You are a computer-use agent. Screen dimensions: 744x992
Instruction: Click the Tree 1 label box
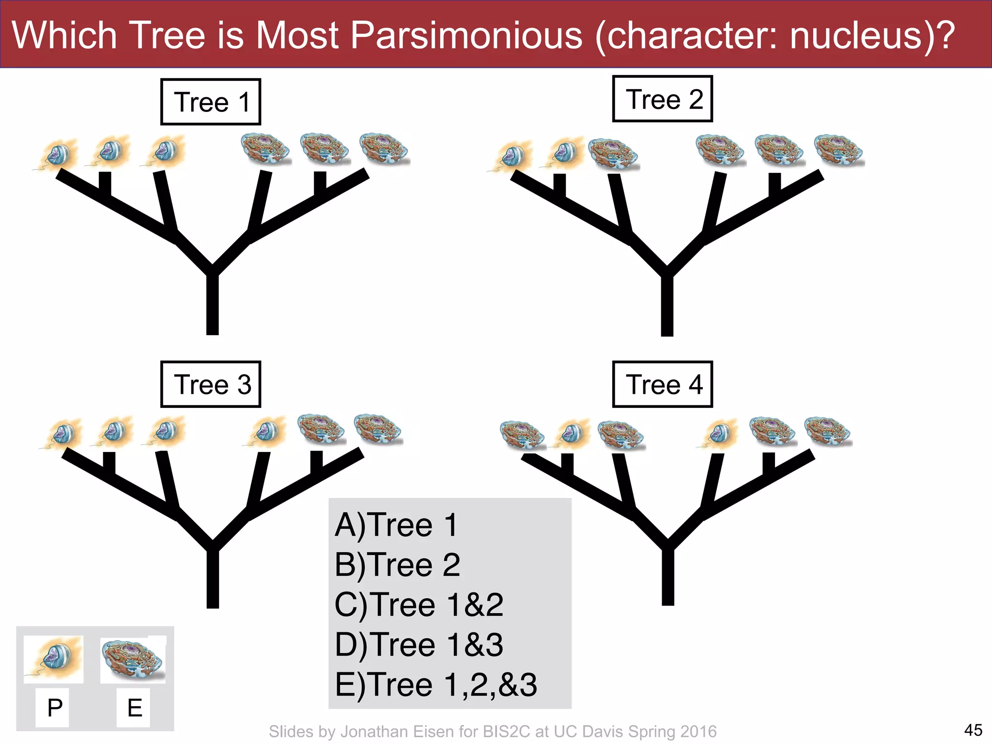point(211,102)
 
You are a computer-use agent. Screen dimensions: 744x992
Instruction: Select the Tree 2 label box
point(663,99)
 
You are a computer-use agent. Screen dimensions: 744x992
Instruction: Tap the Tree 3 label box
point(211,384)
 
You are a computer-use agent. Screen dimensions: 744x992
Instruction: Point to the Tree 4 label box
point(663,384)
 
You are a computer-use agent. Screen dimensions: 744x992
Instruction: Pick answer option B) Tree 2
point(397,565)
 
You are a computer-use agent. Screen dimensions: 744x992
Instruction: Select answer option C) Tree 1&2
point(419,604)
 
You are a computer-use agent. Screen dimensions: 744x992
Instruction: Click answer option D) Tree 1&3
point(419,645)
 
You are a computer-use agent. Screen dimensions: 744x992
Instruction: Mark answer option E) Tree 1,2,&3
point(436,684)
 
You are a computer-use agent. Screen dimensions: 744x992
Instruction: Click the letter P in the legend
point(55,708)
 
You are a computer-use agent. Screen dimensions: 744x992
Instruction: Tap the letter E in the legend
point(135,708)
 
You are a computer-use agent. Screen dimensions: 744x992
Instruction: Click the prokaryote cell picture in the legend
point(54,659)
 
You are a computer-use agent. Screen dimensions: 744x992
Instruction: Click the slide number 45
point(973,729)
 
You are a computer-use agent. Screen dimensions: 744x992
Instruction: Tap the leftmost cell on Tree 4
point(522,434)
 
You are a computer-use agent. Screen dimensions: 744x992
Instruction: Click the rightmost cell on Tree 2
point(839,150)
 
